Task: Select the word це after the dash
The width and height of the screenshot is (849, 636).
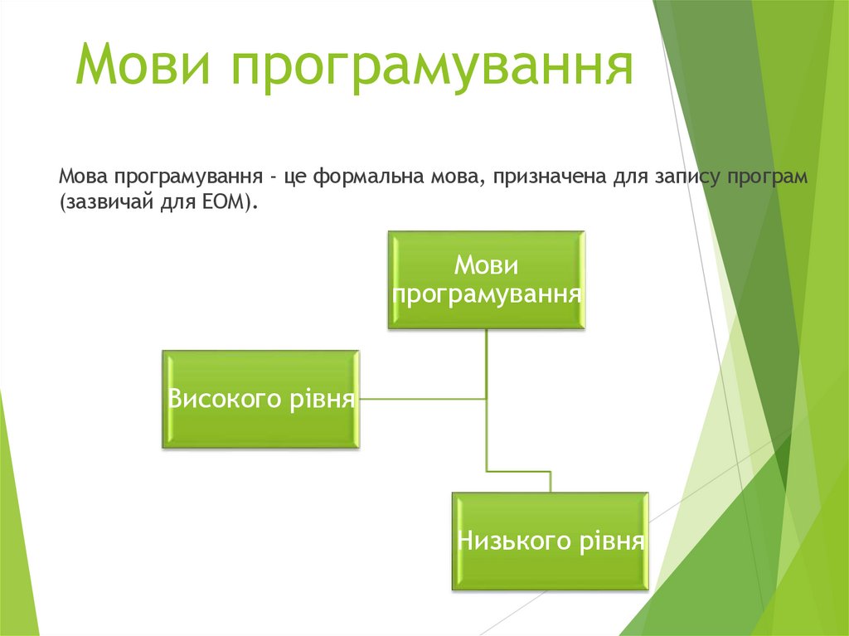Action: (295, 178)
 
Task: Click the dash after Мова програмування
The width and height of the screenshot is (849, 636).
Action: (271, 178)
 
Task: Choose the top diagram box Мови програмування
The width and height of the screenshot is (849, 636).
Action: (487, 280)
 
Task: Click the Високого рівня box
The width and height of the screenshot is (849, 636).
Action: (261, 399)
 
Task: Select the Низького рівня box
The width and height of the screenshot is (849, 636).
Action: (550, 541)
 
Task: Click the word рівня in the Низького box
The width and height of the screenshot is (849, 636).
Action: (609, 541)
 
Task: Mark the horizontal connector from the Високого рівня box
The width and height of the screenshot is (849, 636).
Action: (423, 399)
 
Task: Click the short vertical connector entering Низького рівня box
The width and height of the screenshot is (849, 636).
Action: (550, 482)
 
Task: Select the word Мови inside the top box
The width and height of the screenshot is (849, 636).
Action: (487, 267)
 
